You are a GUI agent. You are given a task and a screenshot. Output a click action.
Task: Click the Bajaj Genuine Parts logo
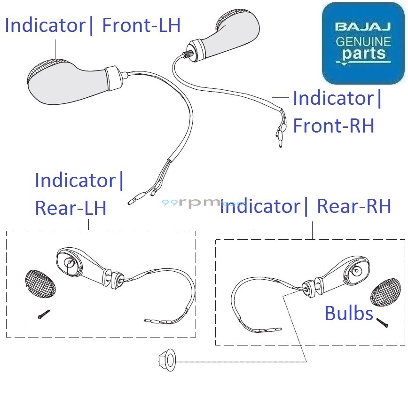363,43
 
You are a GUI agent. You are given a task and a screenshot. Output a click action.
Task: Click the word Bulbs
349,314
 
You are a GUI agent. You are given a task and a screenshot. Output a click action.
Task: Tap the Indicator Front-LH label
93,25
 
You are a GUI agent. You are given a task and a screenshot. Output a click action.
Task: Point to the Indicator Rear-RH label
306,207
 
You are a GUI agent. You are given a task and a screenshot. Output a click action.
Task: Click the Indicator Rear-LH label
79,194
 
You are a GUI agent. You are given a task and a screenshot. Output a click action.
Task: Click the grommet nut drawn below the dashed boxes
165,361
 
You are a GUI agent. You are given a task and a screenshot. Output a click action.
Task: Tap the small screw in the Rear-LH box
44,314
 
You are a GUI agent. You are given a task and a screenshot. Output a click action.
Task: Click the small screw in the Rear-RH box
382,322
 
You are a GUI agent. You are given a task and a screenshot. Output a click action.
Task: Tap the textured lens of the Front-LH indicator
40,76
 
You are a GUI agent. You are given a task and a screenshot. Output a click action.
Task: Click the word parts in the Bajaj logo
364,54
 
